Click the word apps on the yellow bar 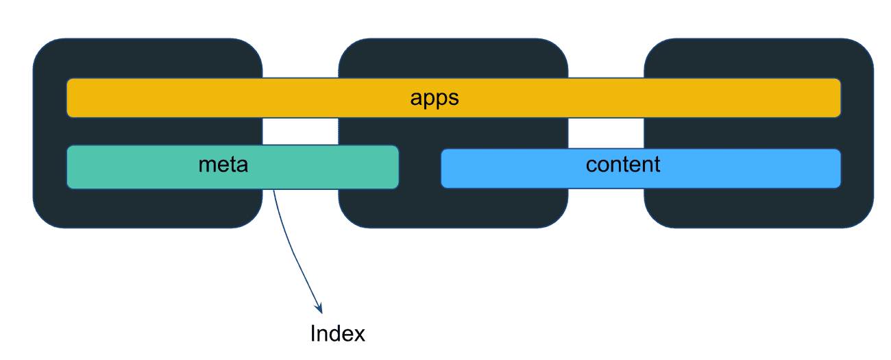click(x=434, y=98)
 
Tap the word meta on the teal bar click(x=223, y=165)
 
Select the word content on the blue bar click(x=623, y=165)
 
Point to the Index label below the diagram click(x=337, y=334)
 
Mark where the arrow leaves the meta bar click(x=273, y=190)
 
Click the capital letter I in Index click(x=313, y=334)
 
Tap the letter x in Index click(x=359, y=335)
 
